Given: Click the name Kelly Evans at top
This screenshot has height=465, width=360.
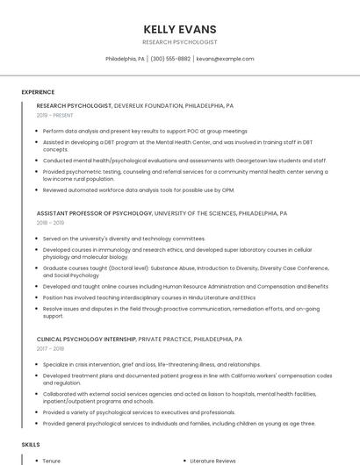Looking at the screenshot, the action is click(180, 29).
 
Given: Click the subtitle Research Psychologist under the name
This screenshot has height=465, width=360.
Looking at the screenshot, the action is click(180, 42).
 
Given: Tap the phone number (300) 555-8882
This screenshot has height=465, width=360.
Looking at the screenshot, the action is click(170, 59).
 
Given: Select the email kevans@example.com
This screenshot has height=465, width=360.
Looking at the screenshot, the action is click(225, 59).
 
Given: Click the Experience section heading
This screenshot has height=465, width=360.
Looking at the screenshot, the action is click(38, 92).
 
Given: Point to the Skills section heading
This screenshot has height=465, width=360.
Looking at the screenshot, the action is click(31, 446).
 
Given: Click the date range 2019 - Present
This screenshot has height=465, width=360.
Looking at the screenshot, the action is click(54, 116).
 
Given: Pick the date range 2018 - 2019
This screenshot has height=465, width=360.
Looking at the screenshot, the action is click(50, 224).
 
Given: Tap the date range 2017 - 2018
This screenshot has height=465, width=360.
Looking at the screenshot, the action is click(50, 349).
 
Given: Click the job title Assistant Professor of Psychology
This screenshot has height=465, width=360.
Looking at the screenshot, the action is click(95, 213).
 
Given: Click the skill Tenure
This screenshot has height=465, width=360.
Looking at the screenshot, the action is click(52, 461).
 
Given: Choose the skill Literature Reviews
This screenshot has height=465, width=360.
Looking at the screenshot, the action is click(213, 461).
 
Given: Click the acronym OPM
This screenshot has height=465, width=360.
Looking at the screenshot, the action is click(227, 190).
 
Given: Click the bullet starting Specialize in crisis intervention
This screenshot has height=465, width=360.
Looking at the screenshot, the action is click(151, 364).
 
